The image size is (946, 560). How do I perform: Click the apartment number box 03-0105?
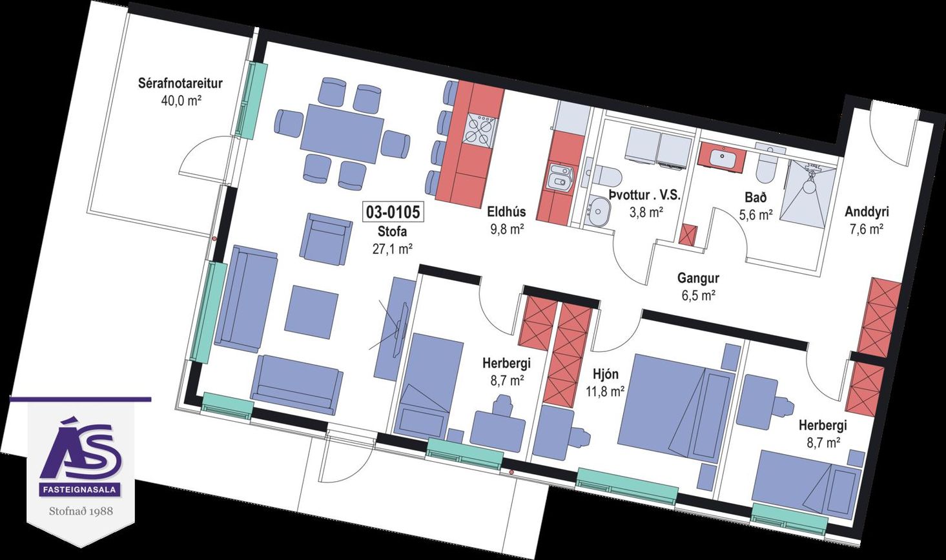(393, 213)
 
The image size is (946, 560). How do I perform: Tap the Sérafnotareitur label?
(180, 83)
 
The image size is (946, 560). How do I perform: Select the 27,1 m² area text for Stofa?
(393, 249)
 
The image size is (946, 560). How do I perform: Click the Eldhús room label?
(506, 211)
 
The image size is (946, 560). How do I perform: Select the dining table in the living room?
(342, 134)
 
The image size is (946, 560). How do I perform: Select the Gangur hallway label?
(698, 279)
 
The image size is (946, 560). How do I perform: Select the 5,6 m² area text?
(756, 215)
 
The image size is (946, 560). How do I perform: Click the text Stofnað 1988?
(81, 512)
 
